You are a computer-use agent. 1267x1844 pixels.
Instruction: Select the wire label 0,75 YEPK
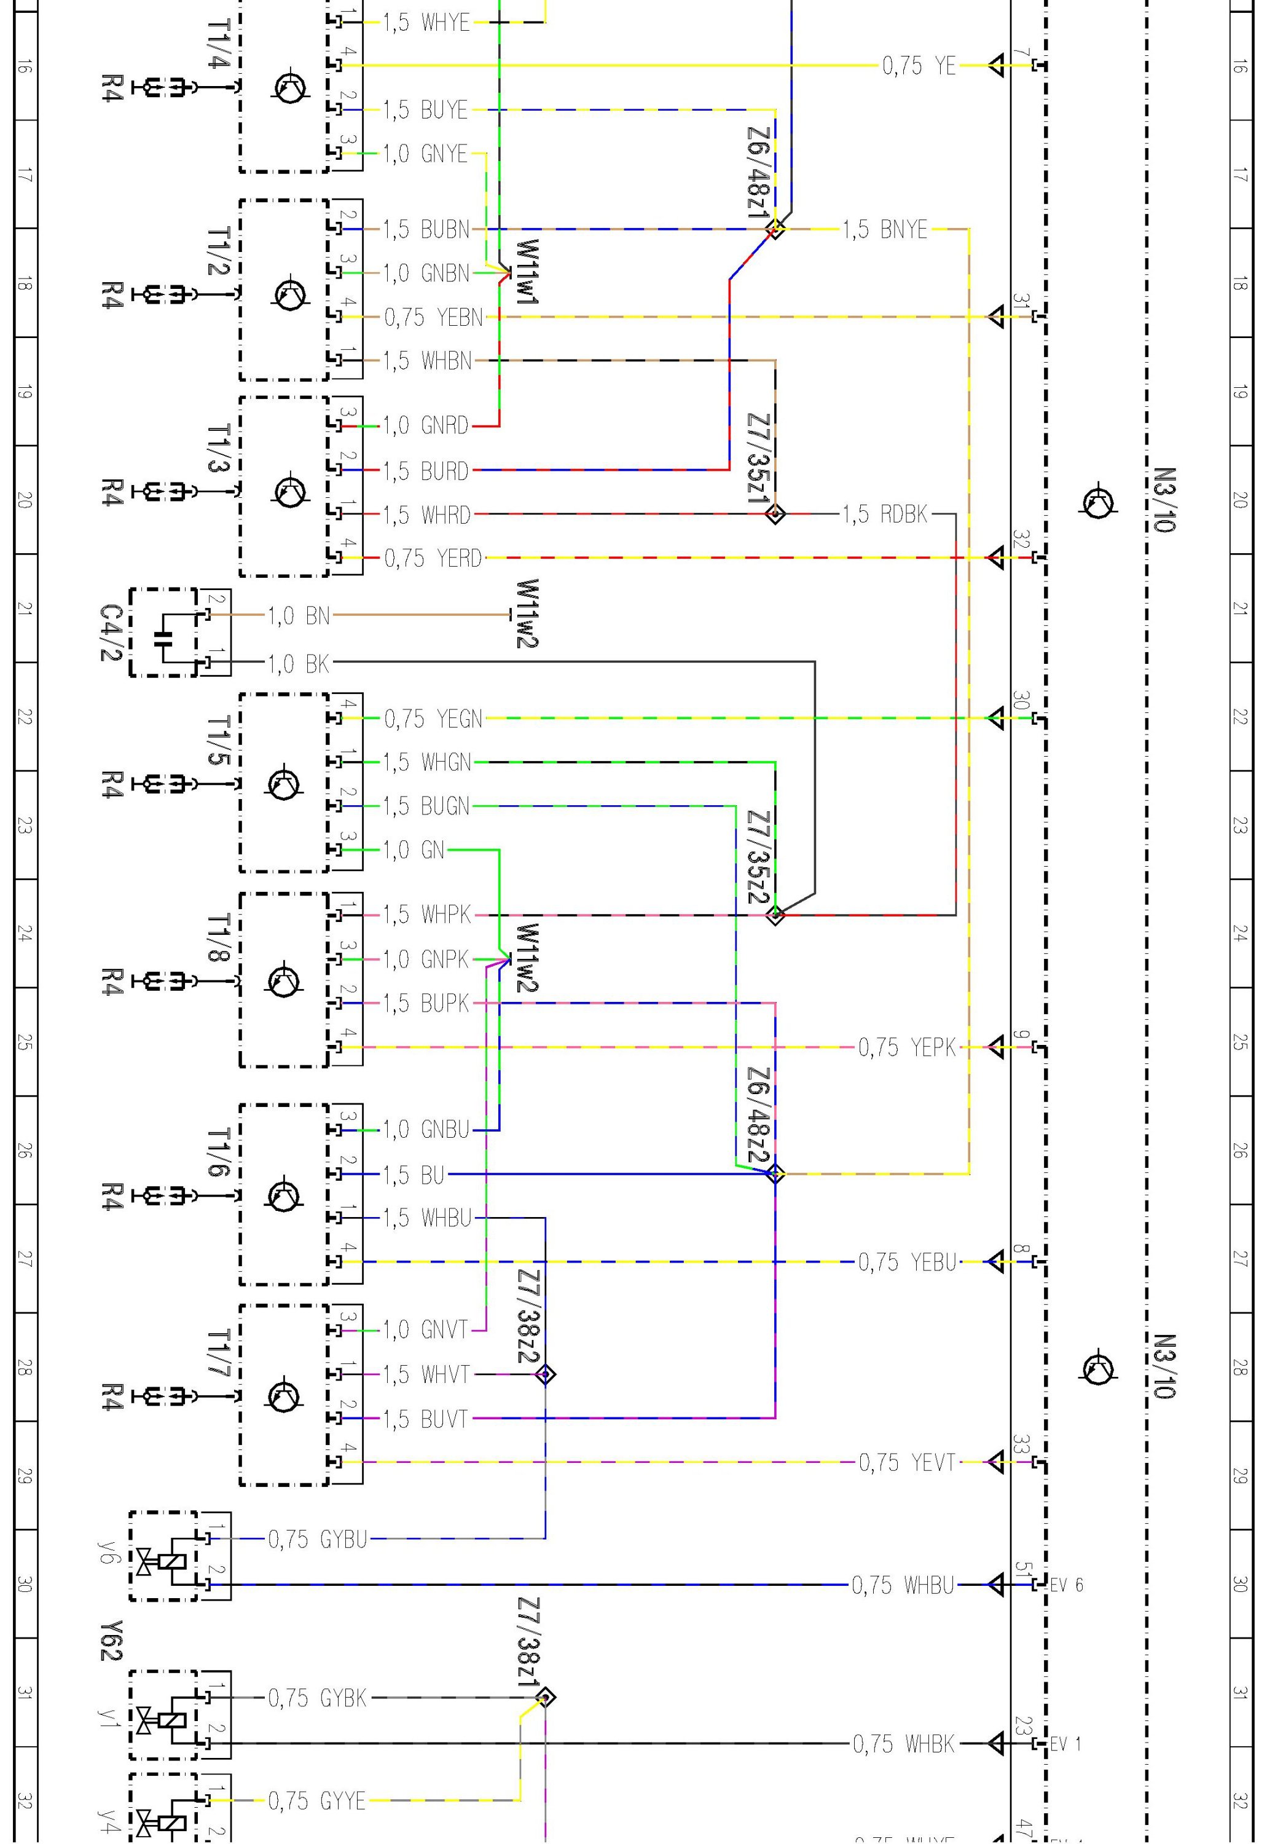coord(908,1047)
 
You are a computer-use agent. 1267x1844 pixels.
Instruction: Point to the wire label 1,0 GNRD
coord(426,426)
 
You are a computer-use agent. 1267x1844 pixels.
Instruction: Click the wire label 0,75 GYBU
coord(318,1540)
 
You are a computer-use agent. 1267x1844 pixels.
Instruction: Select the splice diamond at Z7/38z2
coord(546,1374)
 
